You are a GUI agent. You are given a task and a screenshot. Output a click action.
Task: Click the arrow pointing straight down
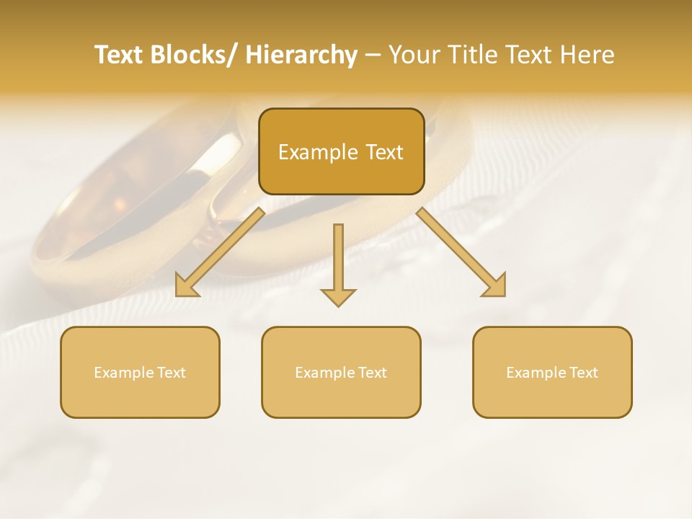pyautogui.click(x=338, y=267)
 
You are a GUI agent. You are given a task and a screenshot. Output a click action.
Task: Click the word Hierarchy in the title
pyautogui.click(x=301, y=55)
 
